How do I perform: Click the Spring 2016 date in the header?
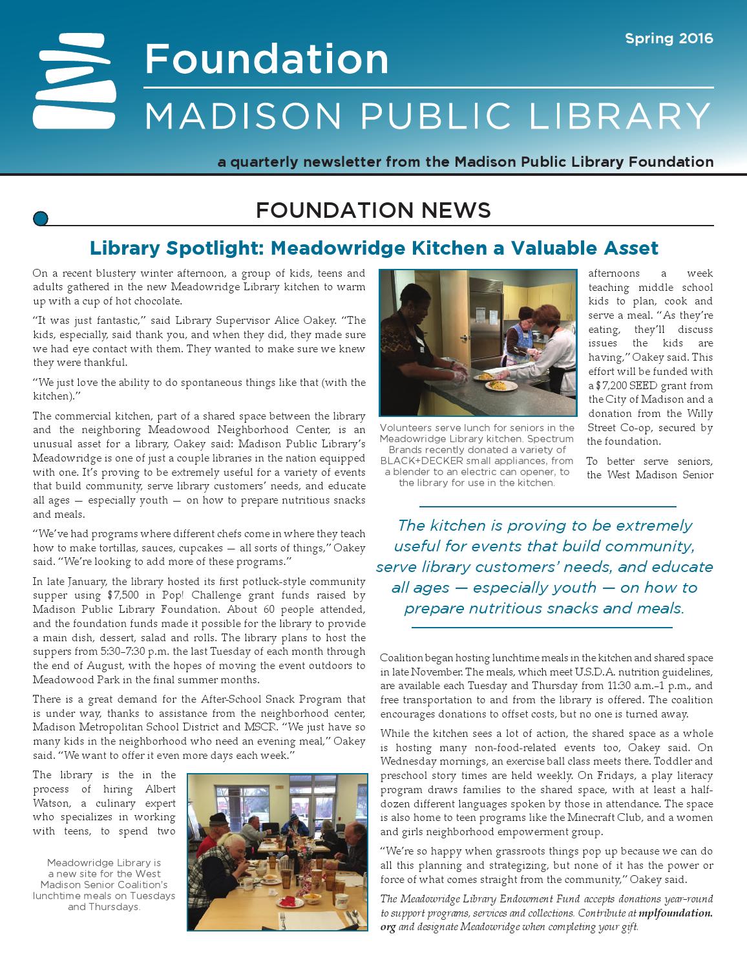click(669, 39)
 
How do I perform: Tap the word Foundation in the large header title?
click(266, 59)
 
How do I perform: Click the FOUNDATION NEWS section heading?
click(373, 210)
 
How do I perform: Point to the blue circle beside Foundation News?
click(40, 218)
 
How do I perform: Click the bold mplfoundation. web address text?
click(675, 913)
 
